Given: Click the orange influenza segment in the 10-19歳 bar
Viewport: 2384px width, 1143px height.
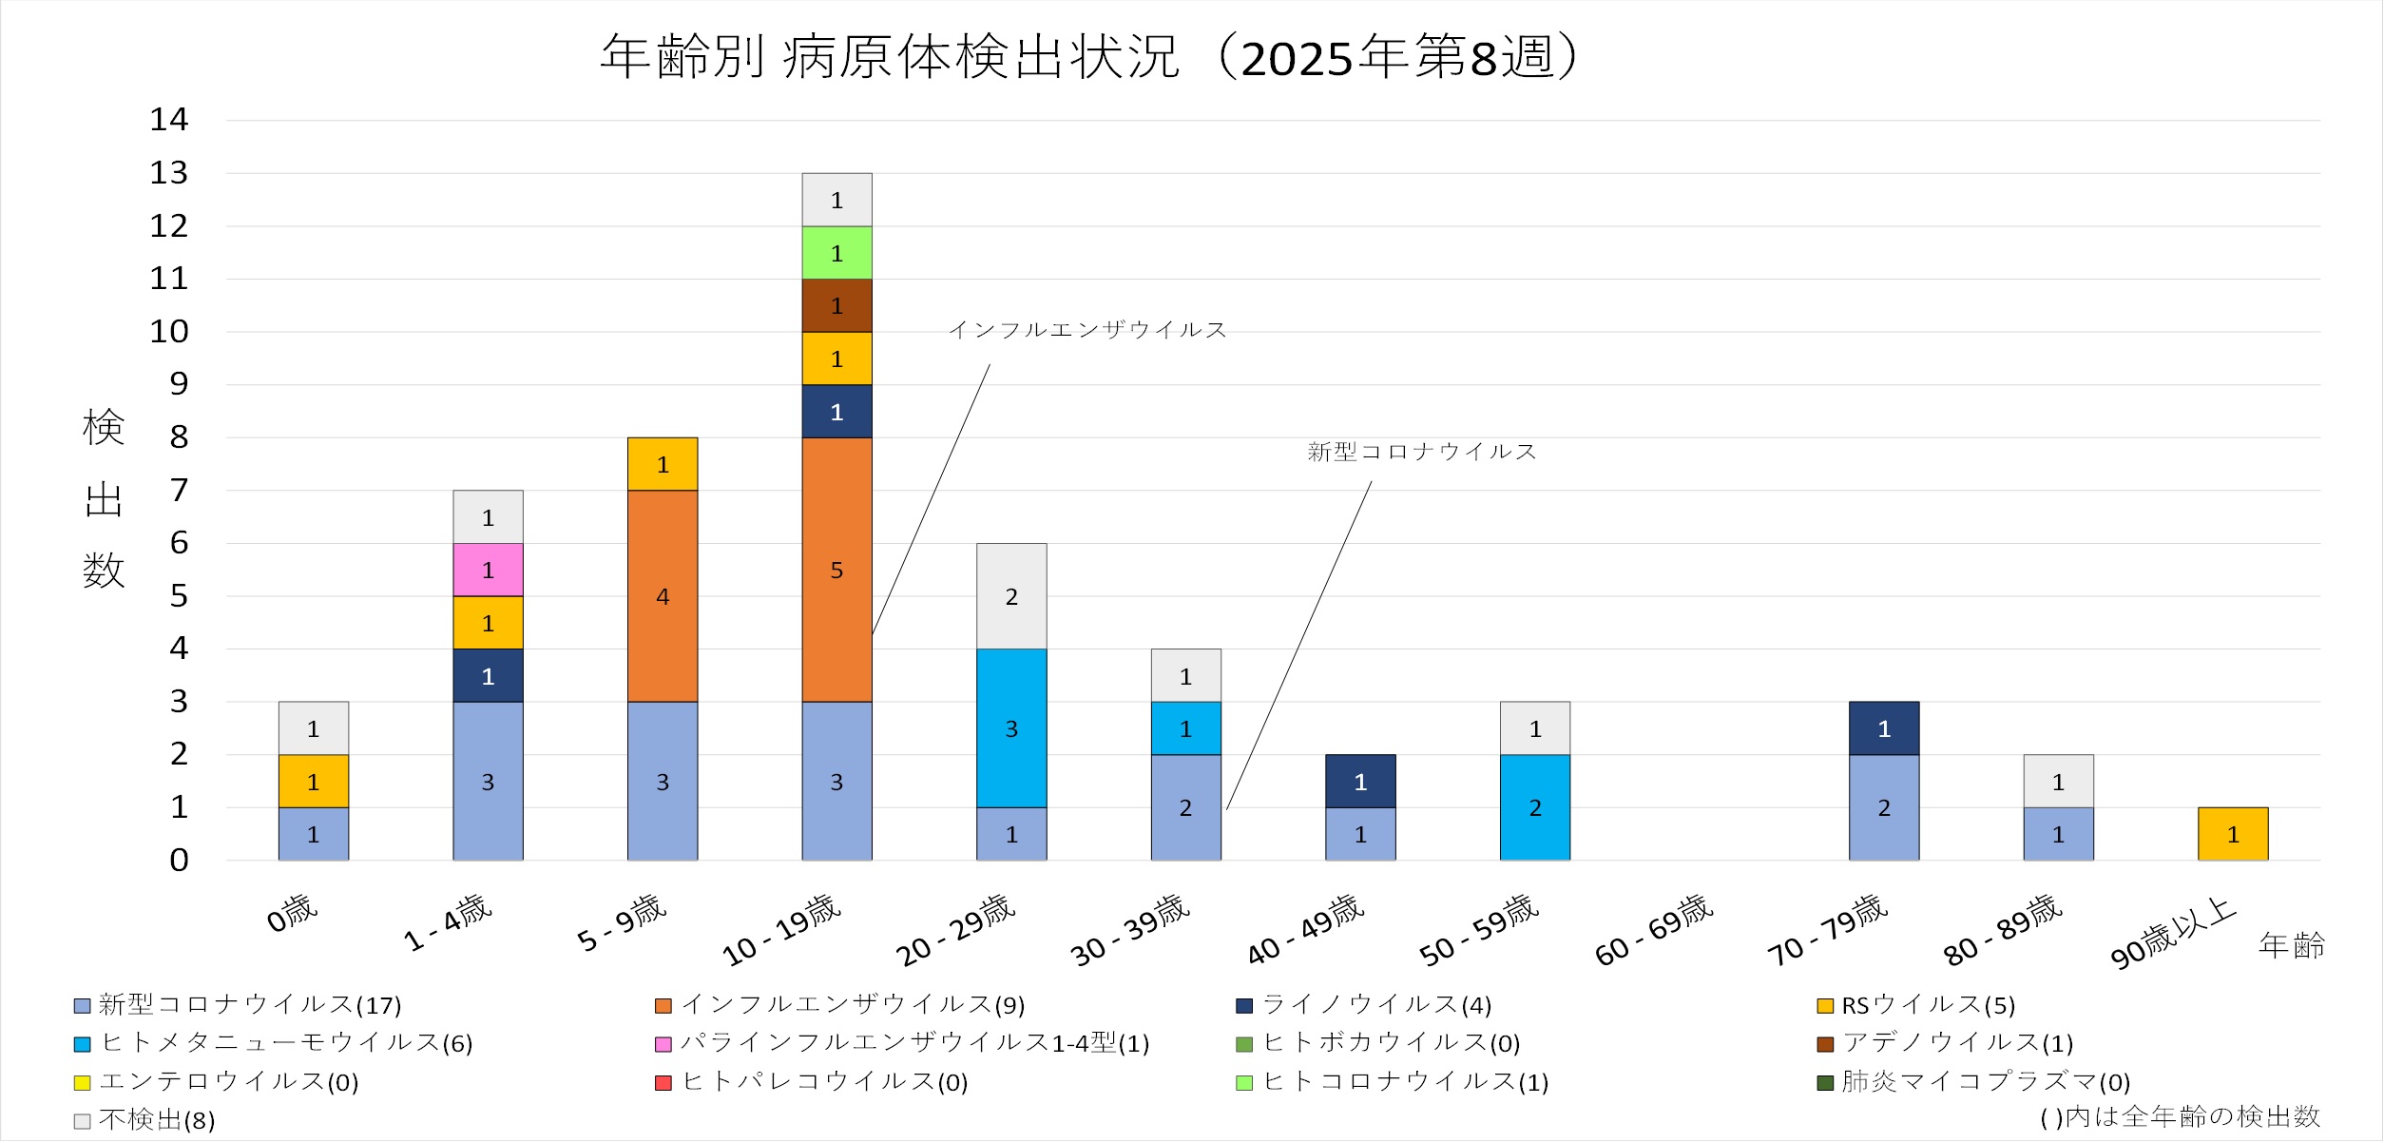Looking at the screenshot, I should [836, 570].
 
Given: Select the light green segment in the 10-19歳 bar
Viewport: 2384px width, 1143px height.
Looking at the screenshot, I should [836, 253].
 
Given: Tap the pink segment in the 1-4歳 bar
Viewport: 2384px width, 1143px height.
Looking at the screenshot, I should [488, 570].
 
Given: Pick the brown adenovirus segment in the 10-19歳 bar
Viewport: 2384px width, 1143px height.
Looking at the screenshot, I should [836, 305].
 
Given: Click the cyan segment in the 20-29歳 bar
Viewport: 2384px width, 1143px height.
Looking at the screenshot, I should [1011, 728].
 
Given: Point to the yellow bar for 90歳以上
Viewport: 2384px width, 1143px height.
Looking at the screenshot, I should [2233, 834].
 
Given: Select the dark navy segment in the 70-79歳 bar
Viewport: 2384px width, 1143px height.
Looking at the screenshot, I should [1884, 728].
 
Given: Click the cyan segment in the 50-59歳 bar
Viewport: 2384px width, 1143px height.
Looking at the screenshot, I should [1535, 807].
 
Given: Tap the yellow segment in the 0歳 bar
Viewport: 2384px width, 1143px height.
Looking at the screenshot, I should [313, 782].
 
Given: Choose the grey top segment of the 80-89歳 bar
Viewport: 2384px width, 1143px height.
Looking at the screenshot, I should [2058, 782].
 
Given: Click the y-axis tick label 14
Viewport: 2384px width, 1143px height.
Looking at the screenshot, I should [169, 120].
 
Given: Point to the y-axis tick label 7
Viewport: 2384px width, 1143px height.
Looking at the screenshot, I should [179, 491].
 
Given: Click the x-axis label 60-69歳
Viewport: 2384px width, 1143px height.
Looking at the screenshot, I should [1654, 929].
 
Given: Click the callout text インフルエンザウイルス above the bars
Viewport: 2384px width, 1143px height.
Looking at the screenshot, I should [1087, 330].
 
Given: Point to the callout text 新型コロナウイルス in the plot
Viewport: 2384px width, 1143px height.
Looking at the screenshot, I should [1422, 452].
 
